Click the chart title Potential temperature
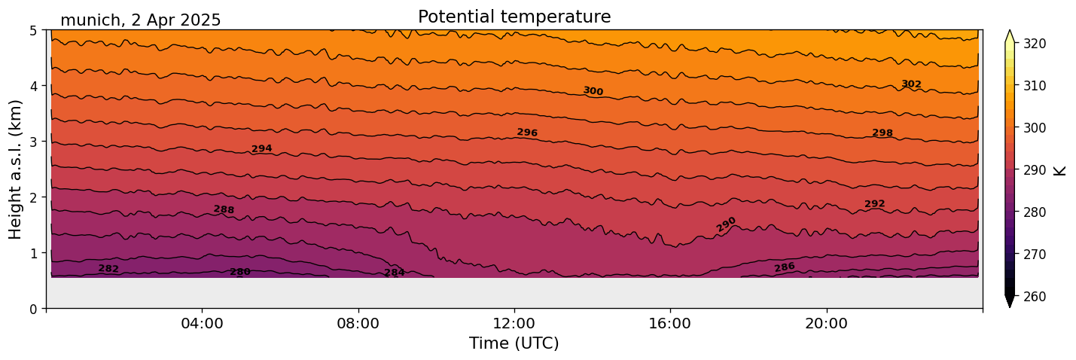coord(514,17)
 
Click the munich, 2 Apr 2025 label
coord(140,20)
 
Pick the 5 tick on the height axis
coord(34,30)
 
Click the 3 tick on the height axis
coord(34,142)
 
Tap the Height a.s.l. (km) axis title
coord(16,169)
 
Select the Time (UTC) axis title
coord(514,343)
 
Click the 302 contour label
coord(911,84)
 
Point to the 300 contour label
coord(593,91)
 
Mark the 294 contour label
coord(261,149)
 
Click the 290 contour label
coord(726,224)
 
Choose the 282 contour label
coord(108,269)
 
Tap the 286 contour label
coord(785,267)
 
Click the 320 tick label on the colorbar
coord(1034,44)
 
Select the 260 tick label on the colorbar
coord(1034,297)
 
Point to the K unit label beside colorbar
coord(1060,170)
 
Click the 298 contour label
coord(882,133)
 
